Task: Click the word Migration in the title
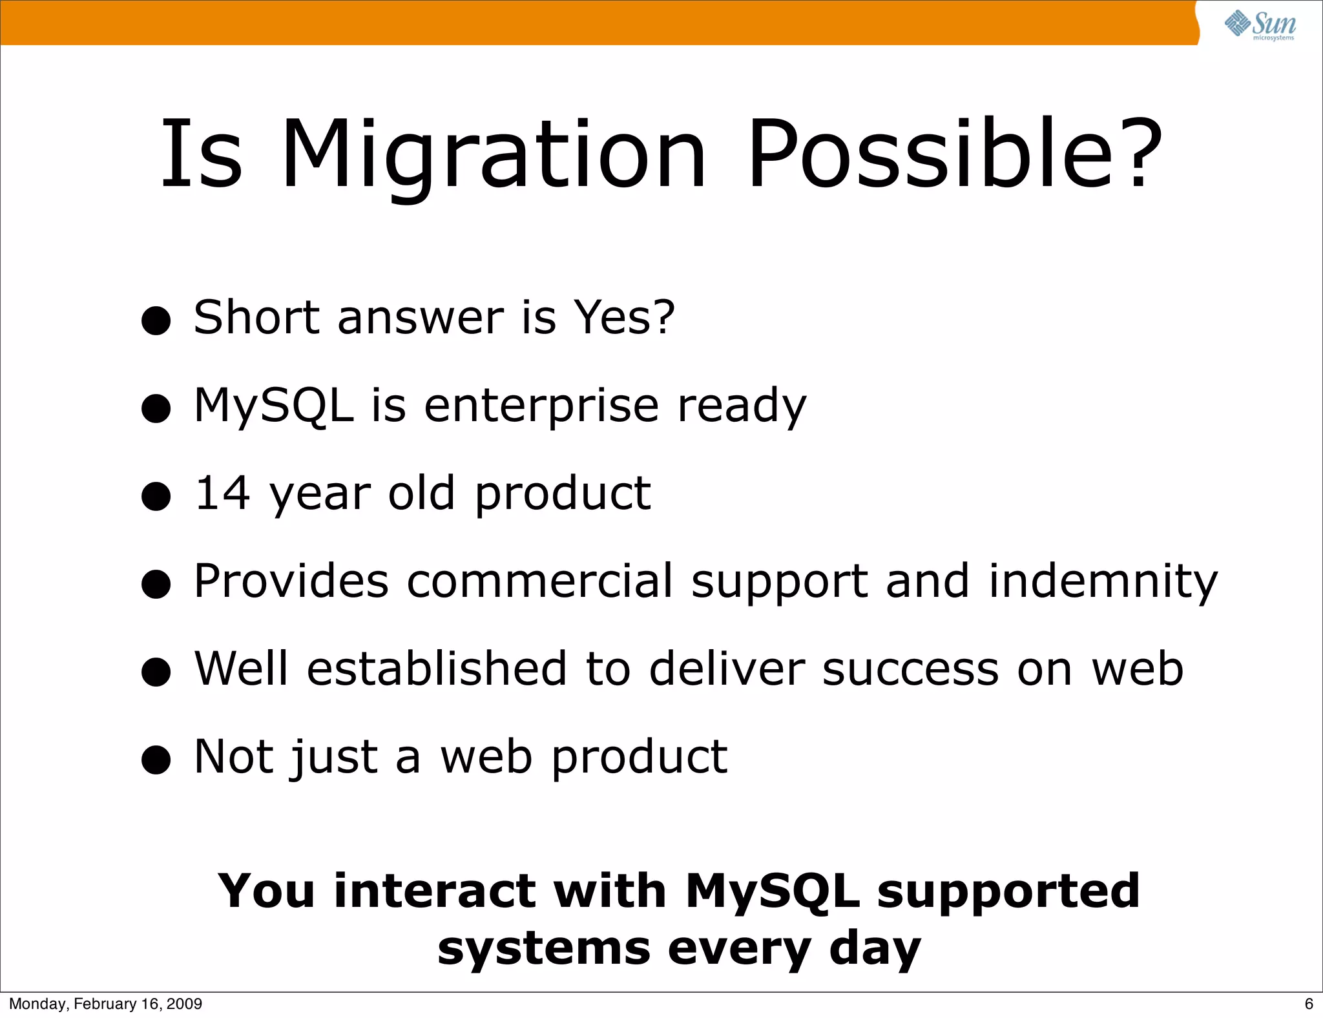[x=494, y=155]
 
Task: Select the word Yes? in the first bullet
[x=624, y=318]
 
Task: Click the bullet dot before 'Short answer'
[x=156, y=321]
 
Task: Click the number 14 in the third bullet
[x=222, y=493]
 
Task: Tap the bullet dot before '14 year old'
[x=156, y=497]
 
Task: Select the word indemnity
[x=1103, y=581]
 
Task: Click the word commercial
[x=540, y=581]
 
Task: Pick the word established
[x=437, y=669]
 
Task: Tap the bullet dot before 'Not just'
[x=156, y=760]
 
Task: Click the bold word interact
[x=435, y=891]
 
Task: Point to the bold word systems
[x=543, y=950]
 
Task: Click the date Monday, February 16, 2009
[x=105, y=1004]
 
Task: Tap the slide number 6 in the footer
[x=1309, y=1004]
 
